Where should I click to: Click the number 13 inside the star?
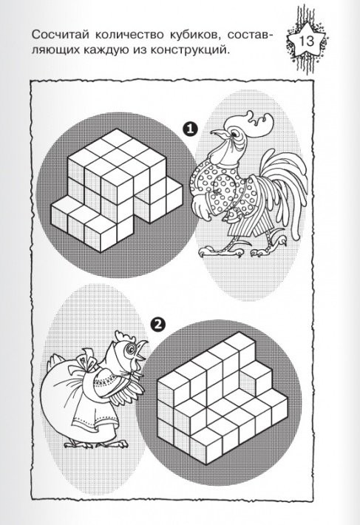(x=306, y=41)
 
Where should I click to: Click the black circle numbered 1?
(x=190, y=129)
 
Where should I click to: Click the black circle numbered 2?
(x=158, y=324)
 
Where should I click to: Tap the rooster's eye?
(x=237, y=133)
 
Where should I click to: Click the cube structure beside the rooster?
(x=117, y=190)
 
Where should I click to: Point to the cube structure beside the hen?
(x=222, y=399)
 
